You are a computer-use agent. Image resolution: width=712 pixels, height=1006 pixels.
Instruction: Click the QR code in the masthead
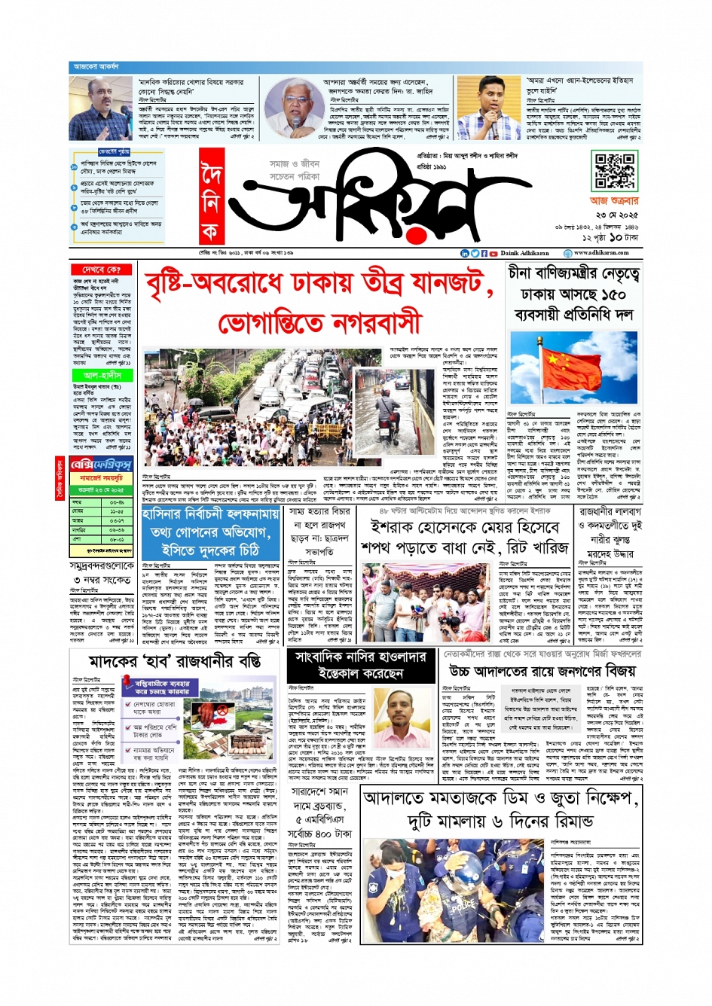click(614, 172)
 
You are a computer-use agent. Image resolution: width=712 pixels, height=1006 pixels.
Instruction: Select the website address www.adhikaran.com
click(600, 253)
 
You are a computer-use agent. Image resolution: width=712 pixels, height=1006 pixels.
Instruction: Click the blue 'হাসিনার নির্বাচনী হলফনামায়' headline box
click(211, 514)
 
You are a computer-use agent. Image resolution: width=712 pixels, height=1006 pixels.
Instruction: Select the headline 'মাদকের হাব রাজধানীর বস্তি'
click(175, 662)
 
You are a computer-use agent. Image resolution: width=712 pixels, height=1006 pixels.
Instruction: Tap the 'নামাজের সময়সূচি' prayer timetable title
click(101, 479)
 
